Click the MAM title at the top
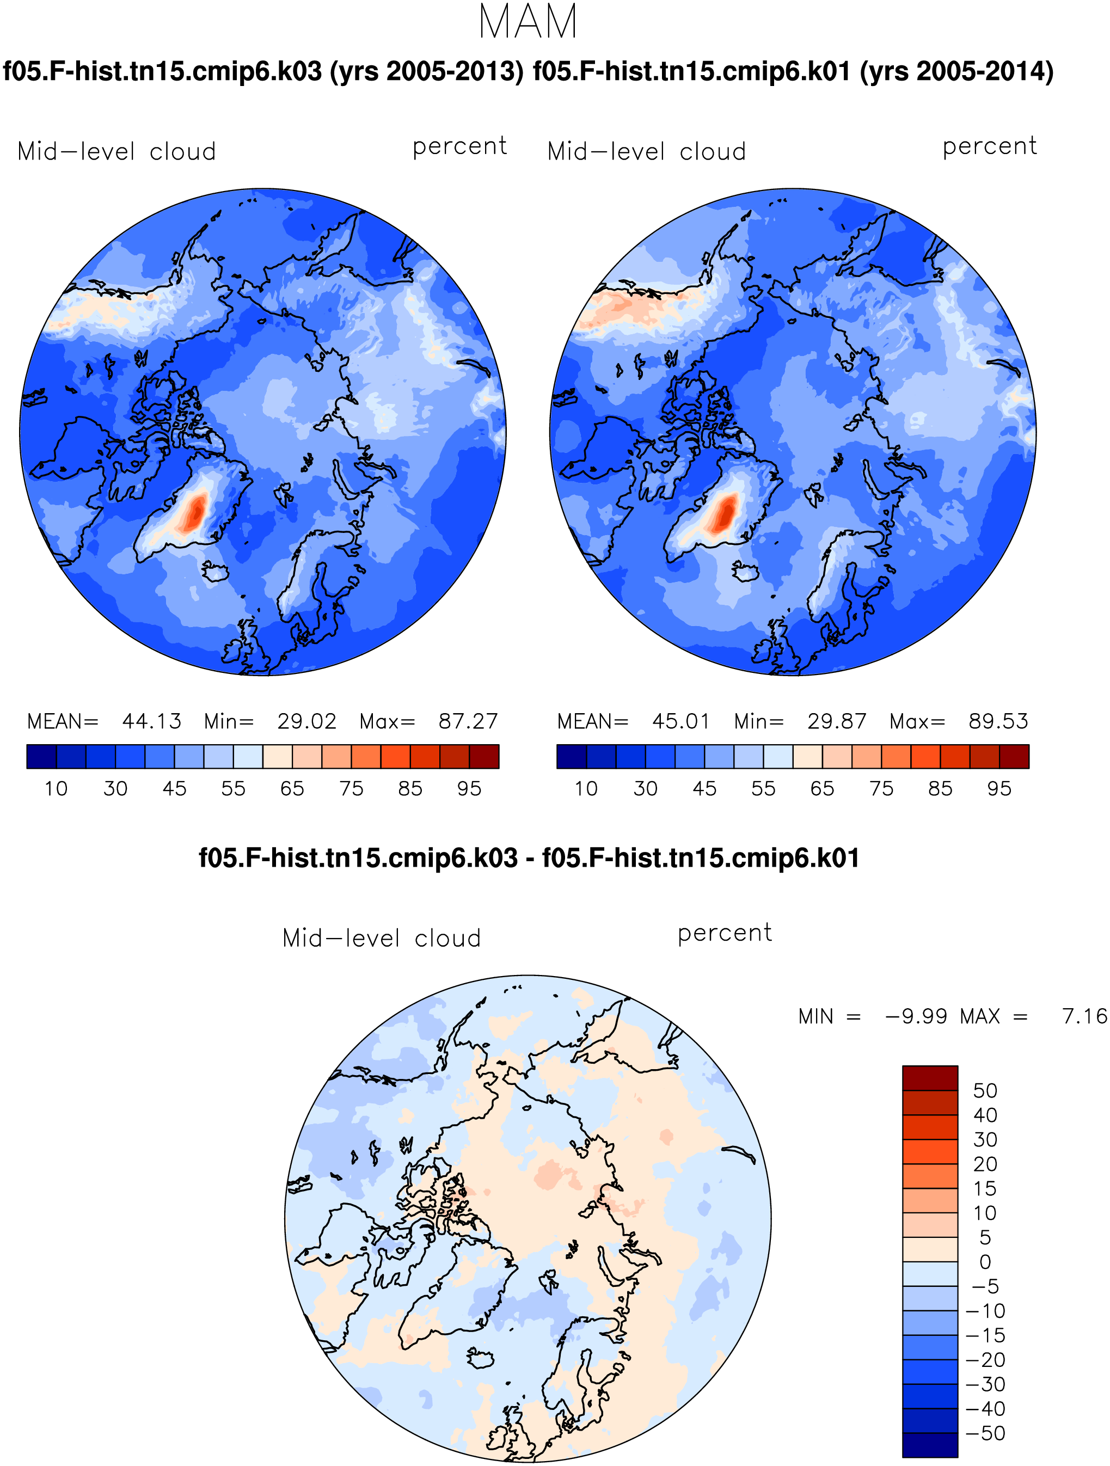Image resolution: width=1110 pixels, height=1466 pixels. [x=528, y=22]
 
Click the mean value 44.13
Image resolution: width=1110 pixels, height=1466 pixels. [x=152, y=721]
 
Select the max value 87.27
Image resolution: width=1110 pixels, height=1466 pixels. [x=468, y=721]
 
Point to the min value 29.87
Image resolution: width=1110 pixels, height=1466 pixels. [x=836, y=721]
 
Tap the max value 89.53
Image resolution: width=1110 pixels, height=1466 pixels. [x=998, y=721]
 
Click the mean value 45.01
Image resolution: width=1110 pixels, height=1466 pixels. [x=681, y=721]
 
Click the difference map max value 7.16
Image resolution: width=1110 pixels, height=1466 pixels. [x=1085, y=1016]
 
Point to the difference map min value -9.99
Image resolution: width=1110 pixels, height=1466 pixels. [x=917, y=1016]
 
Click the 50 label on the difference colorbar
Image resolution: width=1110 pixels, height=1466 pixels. [x=985, y=1090]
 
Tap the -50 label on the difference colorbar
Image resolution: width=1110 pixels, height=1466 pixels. [x=985, y=1433]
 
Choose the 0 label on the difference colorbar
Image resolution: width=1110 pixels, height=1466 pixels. [x=985, y=1262]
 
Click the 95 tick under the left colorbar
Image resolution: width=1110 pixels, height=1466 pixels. [x=469, y=789]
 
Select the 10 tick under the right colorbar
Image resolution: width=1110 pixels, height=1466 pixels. [x=586, y=789]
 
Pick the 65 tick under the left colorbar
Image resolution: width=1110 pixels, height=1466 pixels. [x=292, y=789]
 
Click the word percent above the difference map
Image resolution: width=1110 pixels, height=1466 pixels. [x=725, y=933]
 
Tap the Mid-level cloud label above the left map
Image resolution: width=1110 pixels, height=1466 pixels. [x=116, y=152]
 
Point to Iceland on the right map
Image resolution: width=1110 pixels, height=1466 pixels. [x=745, y=571]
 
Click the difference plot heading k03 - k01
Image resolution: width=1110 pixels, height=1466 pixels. [x=529, y=857]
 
